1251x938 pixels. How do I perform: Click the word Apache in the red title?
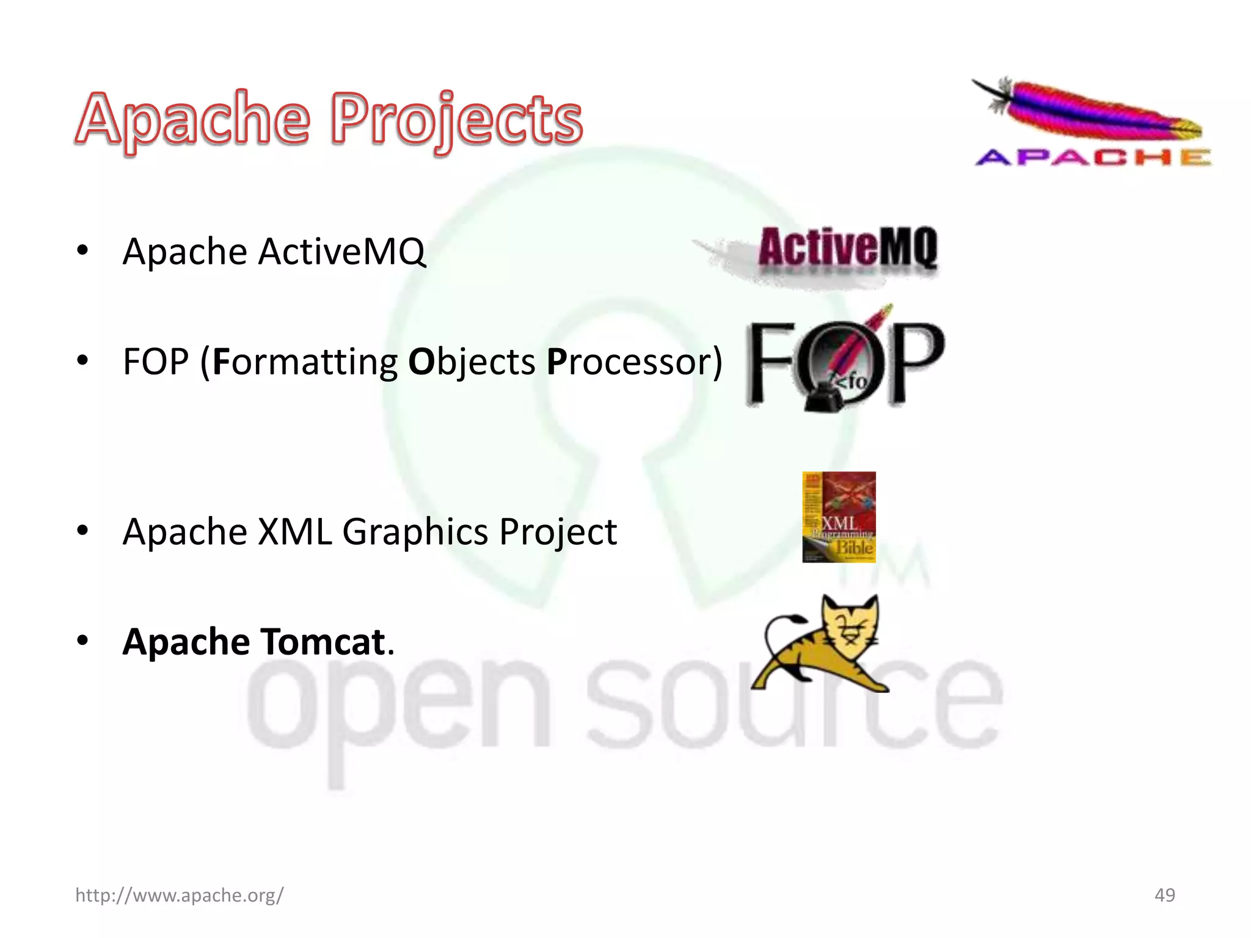(192, 119)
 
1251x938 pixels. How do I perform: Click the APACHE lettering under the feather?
(1093, 158)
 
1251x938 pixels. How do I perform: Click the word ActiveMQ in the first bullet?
(341, 252)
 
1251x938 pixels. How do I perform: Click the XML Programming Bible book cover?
(839, 517)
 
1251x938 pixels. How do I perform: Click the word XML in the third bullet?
(295, 531)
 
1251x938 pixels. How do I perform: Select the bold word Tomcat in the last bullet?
(324, 642)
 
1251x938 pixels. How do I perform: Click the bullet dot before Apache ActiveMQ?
(82, 250)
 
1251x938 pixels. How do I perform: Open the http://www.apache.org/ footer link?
(179, 895)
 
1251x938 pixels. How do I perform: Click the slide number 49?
(1164, 895)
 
